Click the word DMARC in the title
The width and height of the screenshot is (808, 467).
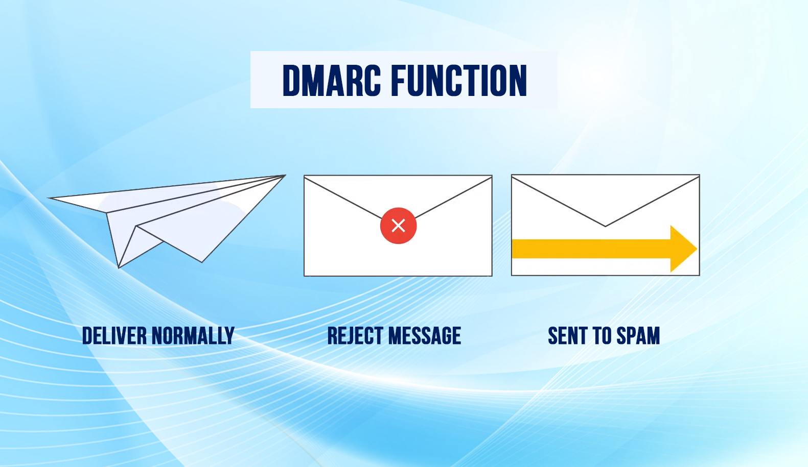click(332, 81)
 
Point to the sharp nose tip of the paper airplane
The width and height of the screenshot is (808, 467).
click(284, 176)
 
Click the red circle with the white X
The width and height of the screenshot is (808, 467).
click(398, 226)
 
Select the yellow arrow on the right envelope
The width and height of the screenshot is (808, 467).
click(603, 249)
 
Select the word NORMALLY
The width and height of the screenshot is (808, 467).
click(193, 336)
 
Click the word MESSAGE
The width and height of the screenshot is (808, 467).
click(424, 336)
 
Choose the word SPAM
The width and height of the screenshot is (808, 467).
click(638, 336)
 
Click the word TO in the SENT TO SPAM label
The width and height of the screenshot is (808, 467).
click(602, 336)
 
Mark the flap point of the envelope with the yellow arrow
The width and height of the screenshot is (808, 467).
click(606, 226)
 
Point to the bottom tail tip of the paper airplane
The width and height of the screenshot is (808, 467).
click(119, 267)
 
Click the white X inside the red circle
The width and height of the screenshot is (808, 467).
click(398, 226)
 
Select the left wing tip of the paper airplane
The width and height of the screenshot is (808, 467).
click(50, 198)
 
